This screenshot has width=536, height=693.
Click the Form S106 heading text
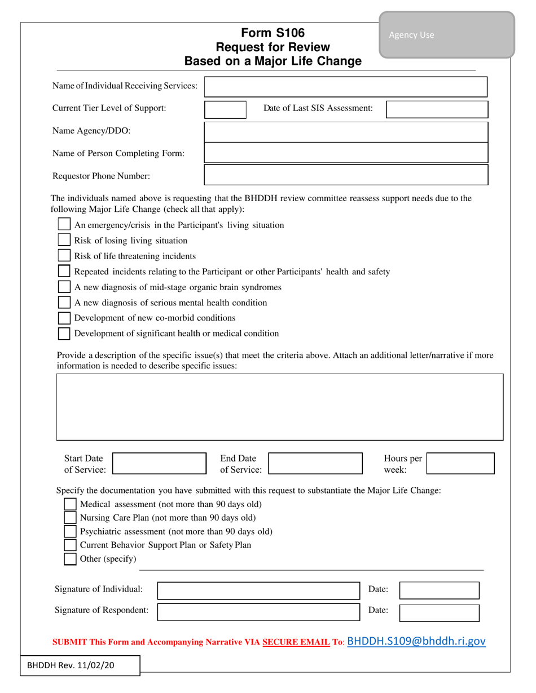pos(273,33)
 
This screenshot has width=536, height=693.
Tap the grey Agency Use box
pos(446,35)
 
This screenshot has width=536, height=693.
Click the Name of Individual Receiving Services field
pos(345,87)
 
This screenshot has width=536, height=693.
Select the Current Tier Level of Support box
pos(225,109)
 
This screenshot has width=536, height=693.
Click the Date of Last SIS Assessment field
pos(437,109)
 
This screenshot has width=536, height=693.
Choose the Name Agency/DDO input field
pos(345,132)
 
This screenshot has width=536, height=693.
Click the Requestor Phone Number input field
pos(345,175)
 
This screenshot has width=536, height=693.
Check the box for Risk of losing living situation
pos(65,241)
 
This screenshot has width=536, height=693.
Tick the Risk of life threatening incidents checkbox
pos(65,256)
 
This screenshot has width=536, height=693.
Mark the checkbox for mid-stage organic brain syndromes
pos(65,287)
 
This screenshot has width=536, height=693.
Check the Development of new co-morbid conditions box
pos(65,318)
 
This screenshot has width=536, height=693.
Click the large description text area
pos(279,406)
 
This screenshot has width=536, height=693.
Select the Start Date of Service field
pos(160,463)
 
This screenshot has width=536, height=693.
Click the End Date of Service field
pos(315,463)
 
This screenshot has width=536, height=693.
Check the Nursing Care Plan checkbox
pos(70,517)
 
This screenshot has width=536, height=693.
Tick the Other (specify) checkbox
pos(70,559)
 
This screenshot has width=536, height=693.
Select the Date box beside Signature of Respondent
pos(439,612)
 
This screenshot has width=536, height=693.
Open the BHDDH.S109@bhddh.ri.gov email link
pos(416,641)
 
